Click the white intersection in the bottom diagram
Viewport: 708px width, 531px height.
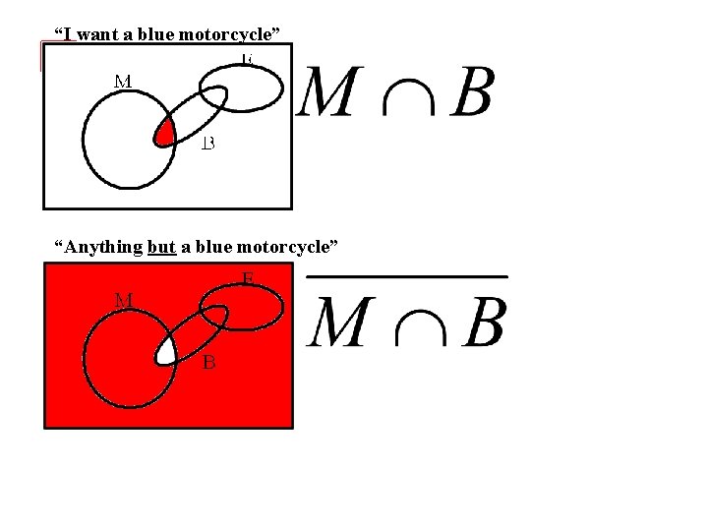click(x=167, y=347)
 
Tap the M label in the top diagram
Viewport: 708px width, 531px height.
click(x=124, y=81)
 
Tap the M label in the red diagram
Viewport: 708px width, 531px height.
click(x=124, y=299)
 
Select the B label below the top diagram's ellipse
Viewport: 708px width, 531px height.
click(x=208, y=145)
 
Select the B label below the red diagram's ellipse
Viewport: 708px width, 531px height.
click(x=209, y=362)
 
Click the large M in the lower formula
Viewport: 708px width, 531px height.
click(x=339, y=322)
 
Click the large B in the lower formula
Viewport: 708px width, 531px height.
click(x=484, y=322)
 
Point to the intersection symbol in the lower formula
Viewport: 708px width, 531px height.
click(x=414, y=326)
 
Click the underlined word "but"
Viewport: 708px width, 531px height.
click(x=160, y=246)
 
